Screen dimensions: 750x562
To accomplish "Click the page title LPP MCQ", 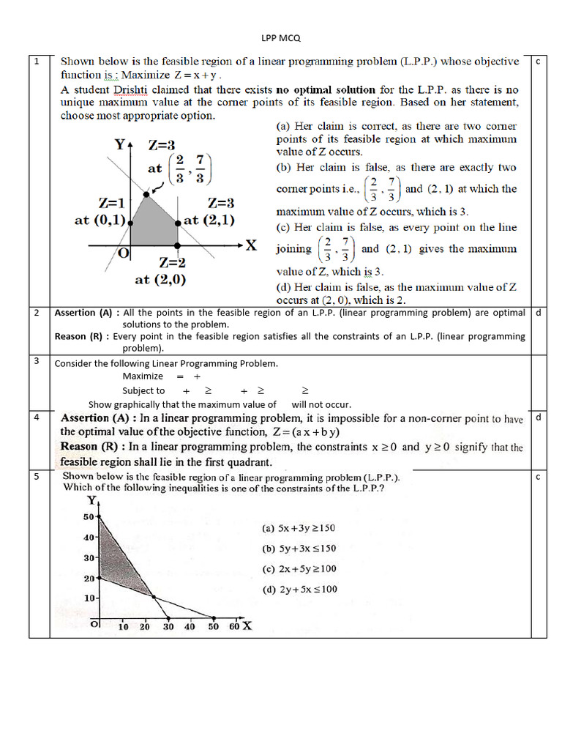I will (x=281, y=37).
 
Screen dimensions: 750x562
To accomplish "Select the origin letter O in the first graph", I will (x=124, y=253).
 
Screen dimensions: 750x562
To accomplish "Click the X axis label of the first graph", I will (x=250, y=245).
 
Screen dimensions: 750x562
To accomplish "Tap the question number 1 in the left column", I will (x=37, y=62).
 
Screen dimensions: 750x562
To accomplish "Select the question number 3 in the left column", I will (x=37, y=361).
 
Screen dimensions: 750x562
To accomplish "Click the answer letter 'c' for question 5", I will (x=537, y=477).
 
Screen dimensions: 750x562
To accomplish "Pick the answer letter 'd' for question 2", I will (x=538, y=313).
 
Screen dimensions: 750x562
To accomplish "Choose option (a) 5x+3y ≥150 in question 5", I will (x=299, y=528).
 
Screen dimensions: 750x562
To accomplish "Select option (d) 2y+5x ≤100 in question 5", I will (x=299, y=589).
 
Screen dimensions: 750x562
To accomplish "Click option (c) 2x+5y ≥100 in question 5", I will (x=299, y=568).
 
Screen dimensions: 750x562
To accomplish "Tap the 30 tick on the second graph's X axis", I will (x=168, y=627).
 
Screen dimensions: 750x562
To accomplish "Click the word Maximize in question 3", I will (x=143, y=376).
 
